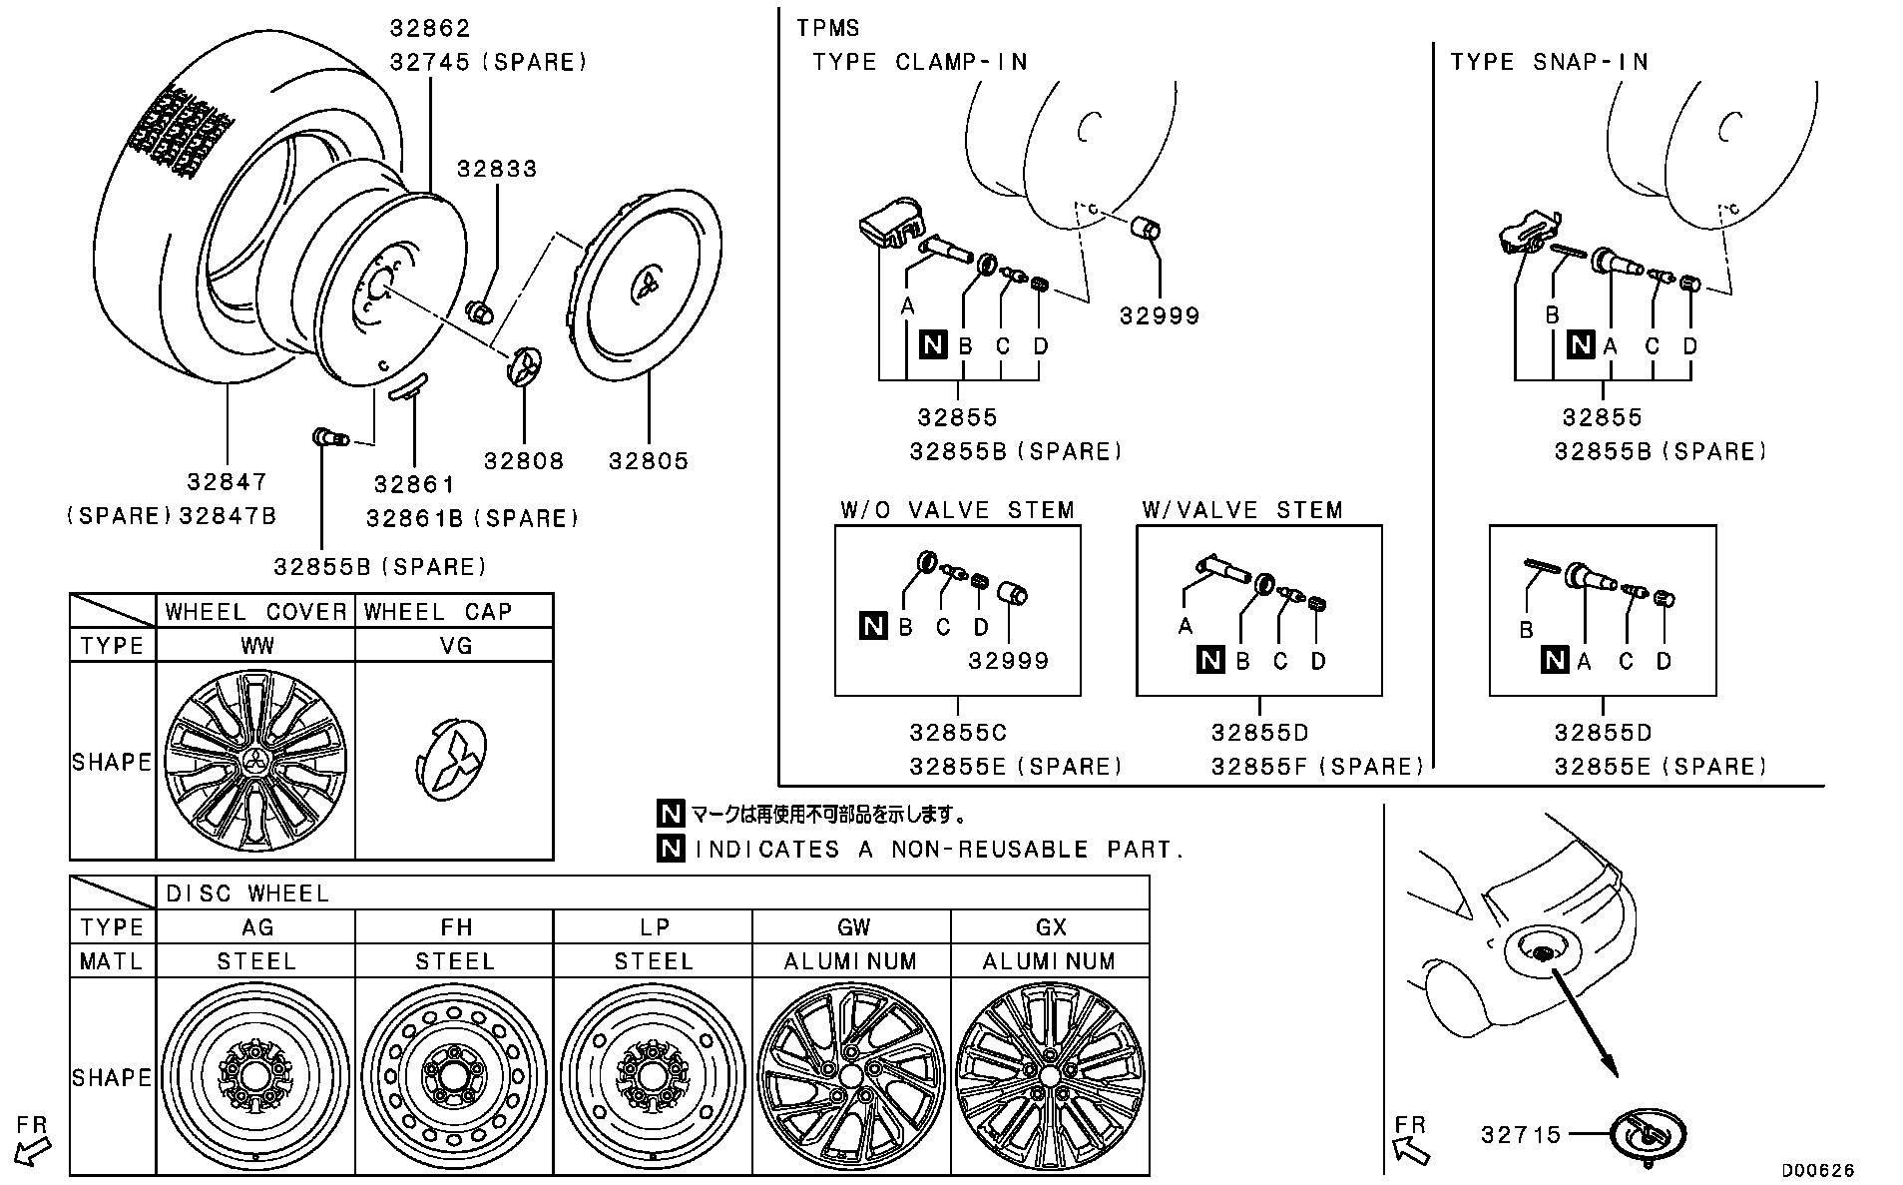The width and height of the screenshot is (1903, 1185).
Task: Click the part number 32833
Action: [x=497, y=169]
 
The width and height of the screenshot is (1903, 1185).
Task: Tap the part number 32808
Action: [x=524, y=461]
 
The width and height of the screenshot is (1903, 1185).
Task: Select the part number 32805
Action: [x=649, y=461]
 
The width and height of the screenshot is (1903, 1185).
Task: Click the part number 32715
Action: [x=1521, y=1135]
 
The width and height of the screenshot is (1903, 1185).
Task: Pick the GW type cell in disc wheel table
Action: [x=852, y=927]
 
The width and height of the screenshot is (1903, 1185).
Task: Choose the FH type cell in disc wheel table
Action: [x=455, y=927]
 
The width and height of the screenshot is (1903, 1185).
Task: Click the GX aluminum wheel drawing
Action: [x=1050, y=1076]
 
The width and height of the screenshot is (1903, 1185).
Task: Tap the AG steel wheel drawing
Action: [x=256, y=1076]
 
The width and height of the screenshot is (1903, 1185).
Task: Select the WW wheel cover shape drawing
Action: [x=255, y=761]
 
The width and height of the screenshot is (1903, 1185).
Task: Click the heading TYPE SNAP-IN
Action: [x=1549, y=62]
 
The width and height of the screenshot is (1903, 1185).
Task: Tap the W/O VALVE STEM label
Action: [x=957, y=511]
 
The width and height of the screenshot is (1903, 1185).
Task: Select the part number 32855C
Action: [x=958, y=733]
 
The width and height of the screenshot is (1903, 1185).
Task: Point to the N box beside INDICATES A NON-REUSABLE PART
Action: [x=671, y=849]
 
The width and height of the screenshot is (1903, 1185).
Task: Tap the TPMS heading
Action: [x=827, y=28]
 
